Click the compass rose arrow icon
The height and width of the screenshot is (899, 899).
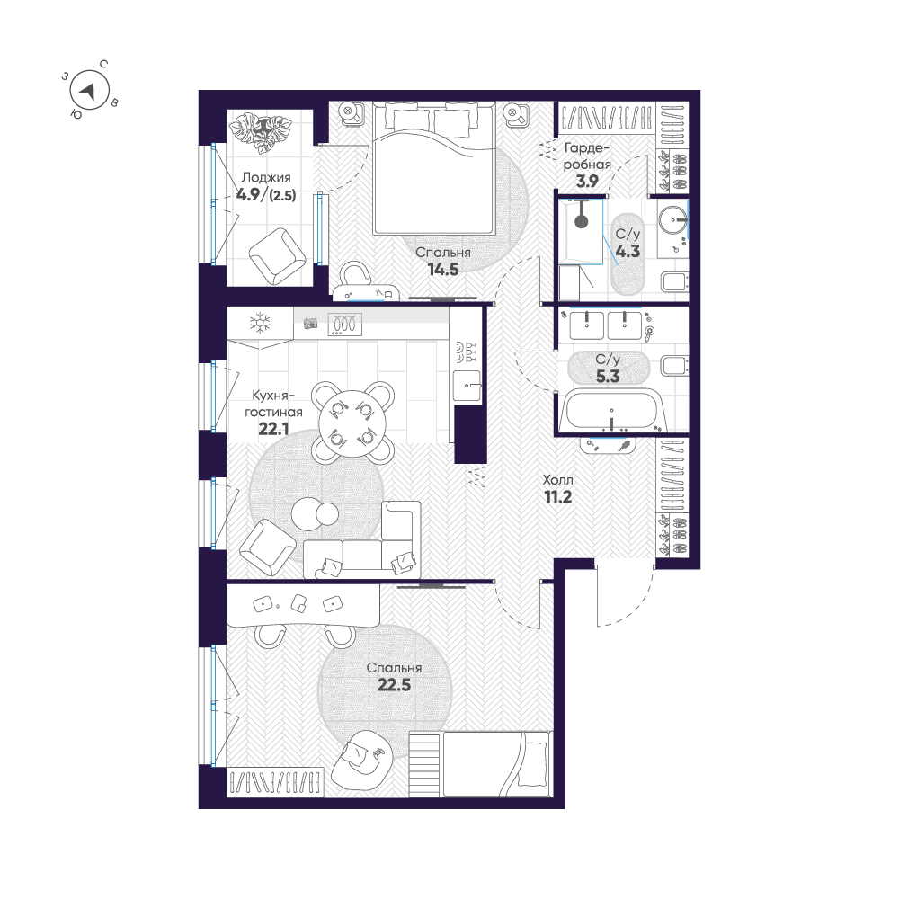click(89, 90)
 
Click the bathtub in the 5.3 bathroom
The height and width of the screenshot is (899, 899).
click(611, 414)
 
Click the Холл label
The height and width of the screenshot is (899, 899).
click(558, 480)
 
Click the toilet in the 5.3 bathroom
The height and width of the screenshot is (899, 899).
click(672, 366)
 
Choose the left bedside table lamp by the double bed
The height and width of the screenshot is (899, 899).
click(351, 113)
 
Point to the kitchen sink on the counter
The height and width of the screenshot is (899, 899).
click(467, 385)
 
